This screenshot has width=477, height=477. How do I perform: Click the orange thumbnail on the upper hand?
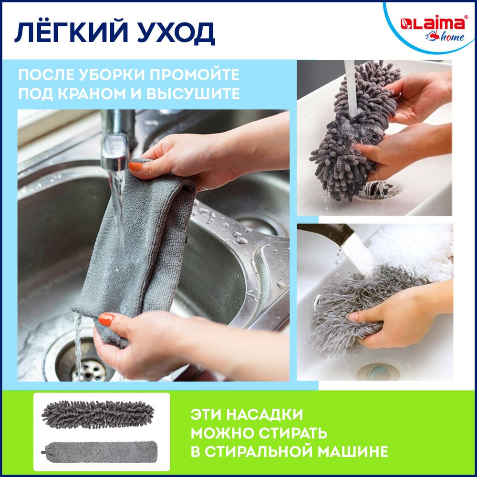point(136,166)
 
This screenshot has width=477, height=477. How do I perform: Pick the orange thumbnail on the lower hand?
point(106,319)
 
